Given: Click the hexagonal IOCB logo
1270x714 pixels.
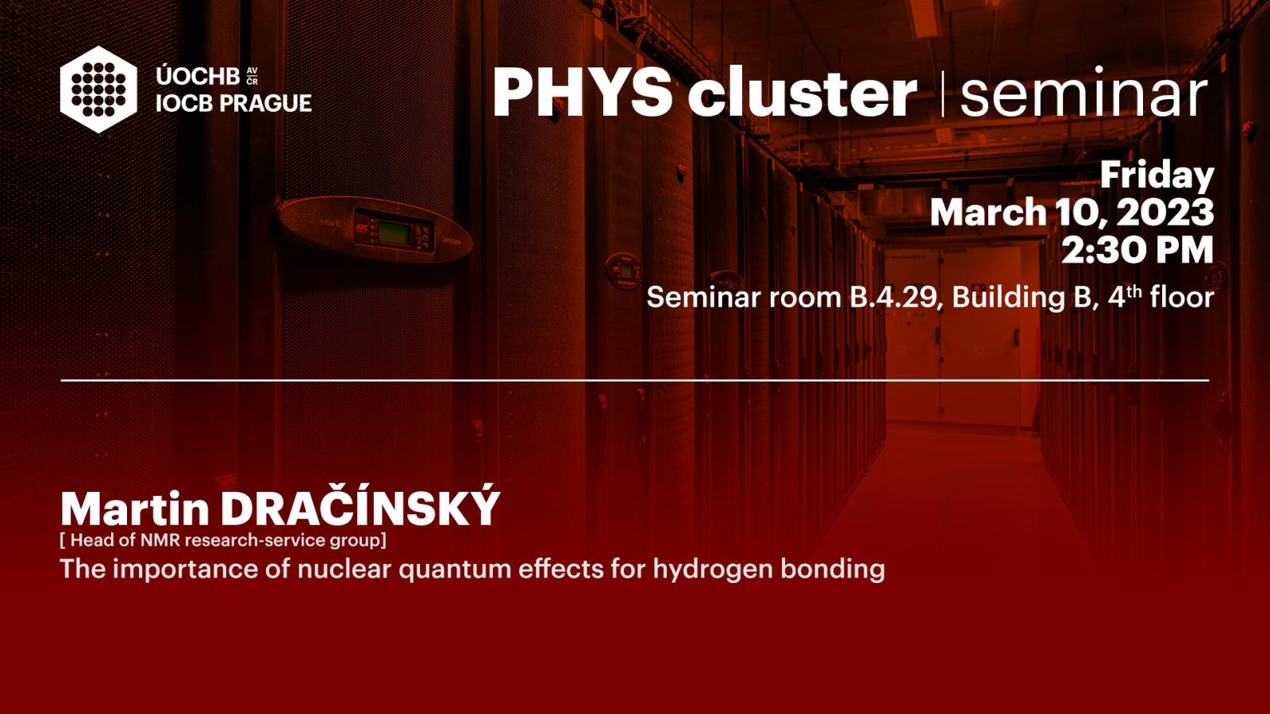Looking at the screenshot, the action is [98, 90].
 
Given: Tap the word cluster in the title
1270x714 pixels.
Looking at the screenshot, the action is [802, 91].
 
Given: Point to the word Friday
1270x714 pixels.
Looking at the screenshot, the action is [1157, 175].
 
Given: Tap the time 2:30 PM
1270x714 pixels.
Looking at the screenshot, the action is [1137, 250].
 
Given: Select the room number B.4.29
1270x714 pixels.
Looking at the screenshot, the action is [892, 297].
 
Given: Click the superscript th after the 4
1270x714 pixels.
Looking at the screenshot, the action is [1135, 291].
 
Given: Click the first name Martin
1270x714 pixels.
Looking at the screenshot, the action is [135, 509].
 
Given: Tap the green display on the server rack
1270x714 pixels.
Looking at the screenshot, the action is [393, 233].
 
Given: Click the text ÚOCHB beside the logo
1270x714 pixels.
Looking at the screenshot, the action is [198, 75].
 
